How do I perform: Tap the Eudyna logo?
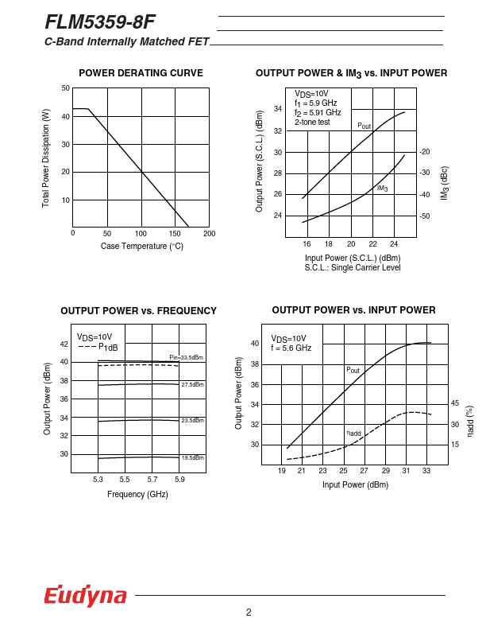(x=85, y=596)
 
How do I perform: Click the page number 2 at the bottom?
(x=249, y=612)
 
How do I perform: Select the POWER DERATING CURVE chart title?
(x=141, y=73)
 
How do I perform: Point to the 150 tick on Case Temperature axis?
(x=175, y=233)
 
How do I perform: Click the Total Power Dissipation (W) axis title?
(x=46, y=158)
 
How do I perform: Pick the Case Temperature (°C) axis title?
(x=141, y=247)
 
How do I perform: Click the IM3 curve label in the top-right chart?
(x=382, y=189)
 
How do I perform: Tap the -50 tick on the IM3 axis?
(x=424, y=216)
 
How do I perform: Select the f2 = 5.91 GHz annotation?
(x=318, y=112)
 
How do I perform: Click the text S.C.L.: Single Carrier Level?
(x=353, y=268)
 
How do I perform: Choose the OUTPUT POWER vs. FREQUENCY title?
(x=138, y=311)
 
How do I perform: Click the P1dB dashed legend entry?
(x=98, y=347)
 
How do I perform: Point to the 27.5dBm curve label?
(x=192, y=385)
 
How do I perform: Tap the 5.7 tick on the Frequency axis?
(x=152, y=480)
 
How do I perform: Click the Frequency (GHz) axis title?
(x=137, y=494)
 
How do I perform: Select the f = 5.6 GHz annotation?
(x=291, y=348)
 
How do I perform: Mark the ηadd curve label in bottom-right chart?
(x=353, y=434)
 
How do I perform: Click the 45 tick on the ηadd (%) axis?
(x=455, y=403)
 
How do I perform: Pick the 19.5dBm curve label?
(x=192, y=458)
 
